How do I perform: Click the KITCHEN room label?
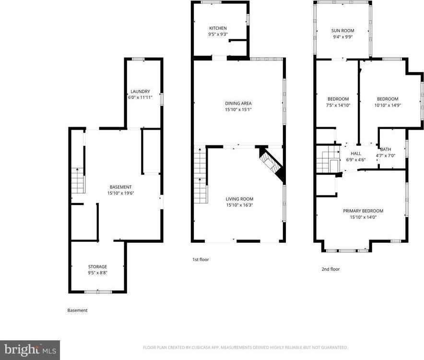click(x=218, y=28)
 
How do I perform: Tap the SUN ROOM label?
click(x=342, y=31)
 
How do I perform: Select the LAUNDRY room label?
click(x=140, y=91)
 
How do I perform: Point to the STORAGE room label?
click(x=97, y=266)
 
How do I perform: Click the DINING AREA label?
click(x=238, y=103)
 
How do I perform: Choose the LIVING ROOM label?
click(x=239, y=199)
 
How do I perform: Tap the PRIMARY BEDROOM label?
click(x=363, y=211)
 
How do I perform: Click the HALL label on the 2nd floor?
click(x=355, y=154)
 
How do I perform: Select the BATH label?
click(x=386, y=149)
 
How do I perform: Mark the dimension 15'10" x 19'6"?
click(x=120, y=193)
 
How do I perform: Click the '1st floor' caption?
click(x=200, y=260)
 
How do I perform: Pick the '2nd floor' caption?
click(x=330, y=269)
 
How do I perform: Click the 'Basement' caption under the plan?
click(x=77, y=311)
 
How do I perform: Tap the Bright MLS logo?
click(x=30, y=349)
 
